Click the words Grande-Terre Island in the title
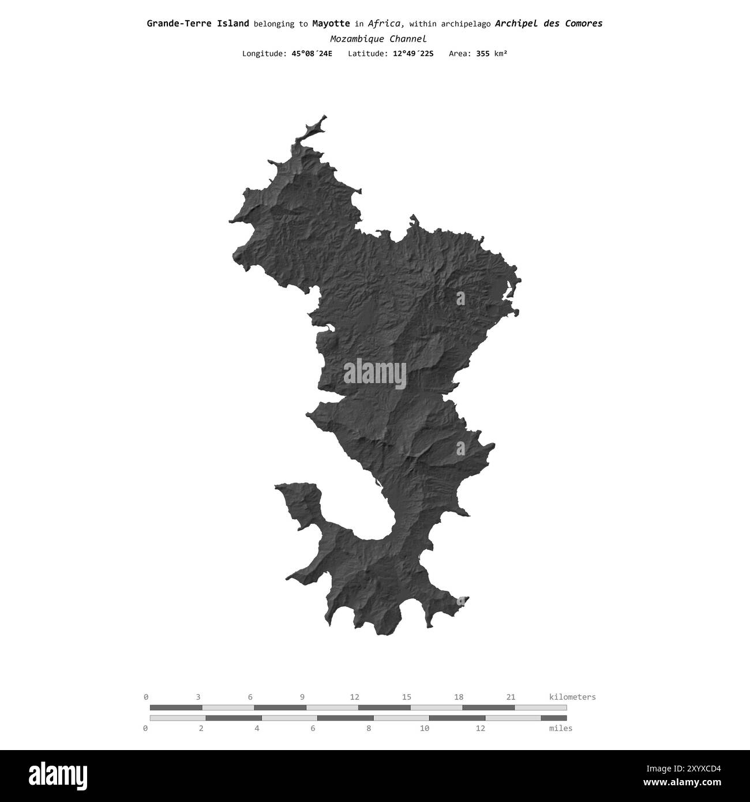[x=198, y=24]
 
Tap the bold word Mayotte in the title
[x=331, y=24]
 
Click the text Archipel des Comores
[x=549, y=24]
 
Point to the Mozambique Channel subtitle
[x=378, y=39]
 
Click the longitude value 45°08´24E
[x=312, y=54]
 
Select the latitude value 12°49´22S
[x=412, y=54]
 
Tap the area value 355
[x=482, y=54]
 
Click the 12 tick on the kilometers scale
[x=354, y=697]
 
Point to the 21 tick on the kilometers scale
[x=511, y=697]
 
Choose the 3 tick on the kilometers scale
[x=198, y=697]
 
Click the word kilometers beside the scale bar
[x=572, y=697]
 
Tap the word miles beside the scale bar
[x=561, y=728]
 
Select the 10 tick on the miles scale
[x=425, y=728]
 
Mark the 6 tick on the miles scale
[x=313, y=728]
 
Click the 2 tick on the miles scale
[x=201, y=728]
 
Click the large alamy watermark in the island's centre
[x=375, y=373]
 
